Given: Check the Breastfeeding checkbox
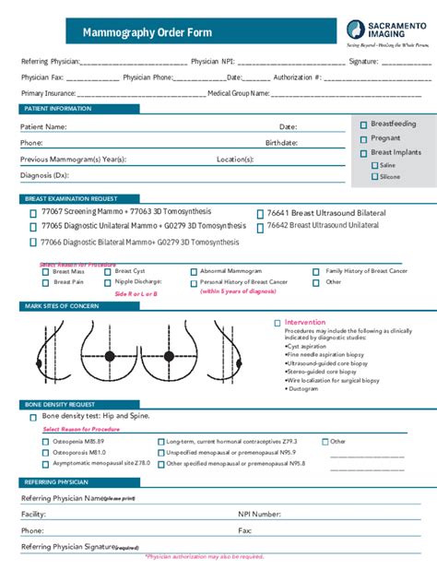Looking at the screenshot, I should pos(363,125).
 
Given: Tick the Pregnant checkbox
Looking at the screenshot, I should pos(363,138).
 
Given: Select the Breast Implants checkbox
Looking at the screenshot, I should pos(363,152).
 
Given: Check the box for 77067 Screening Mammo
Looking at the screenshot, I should pos(33,212).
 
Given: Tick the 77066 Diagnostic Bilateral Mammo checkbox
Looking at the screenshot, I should pos(33,242).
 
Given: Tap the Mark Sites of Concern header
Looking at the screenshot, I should pos(62,304).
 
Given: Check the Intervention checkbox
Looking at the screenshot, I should pos(278,323).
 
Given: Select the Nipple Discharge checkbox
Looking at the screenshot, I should pos(108,282).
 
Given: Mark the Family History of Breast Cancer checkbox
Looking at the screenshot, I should pos(318,272).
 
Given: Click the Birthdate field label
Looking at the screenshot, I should pos(281,144).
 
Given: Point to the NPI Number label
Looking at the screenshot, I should pos(259,514).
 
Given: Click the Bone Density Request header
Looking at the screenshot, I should pos(57,404).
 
